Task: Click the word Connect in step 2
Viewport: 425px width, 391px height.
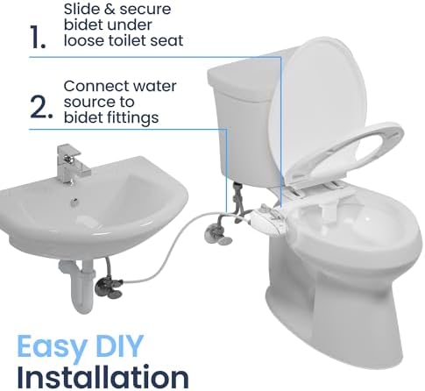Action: coord(94,87)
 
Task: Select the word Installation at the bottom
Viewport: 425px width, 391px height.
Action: coord(103,374)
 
